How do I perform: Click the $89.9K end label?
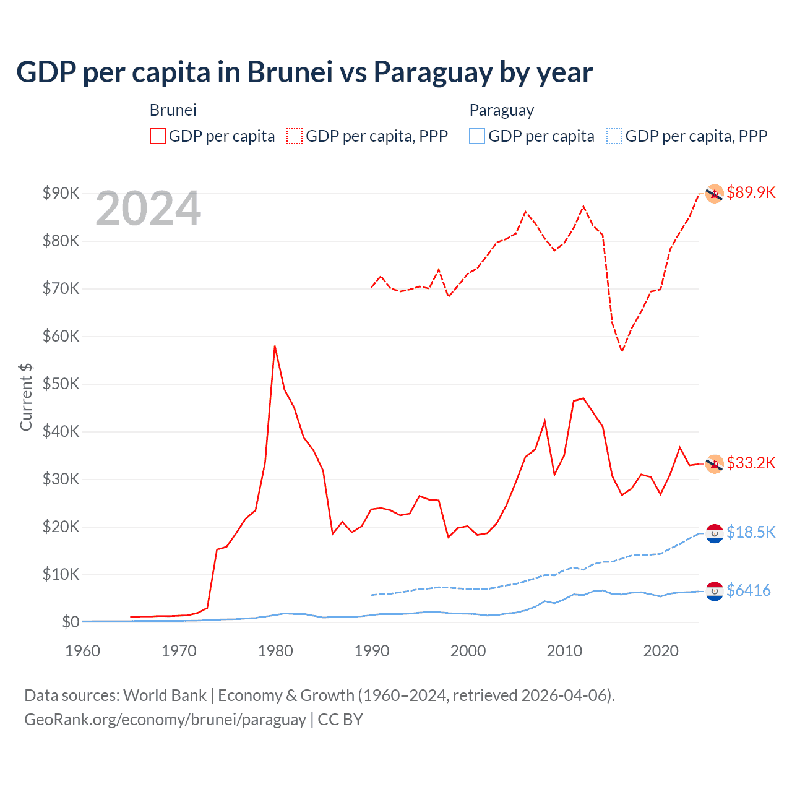click(751, 192)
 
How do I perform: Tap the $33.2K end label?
click(751, 463)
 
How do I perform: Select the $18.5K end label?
click(751, 532)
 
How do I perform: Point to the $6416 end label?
click(748, 590)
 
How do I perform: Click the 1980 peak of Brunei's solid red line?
click(275, 346)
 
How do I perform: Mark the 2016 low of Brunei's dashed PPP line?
click(622, 351)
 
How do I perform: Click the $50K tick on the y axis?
click(61, 384)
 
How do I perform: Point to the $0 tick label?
click(71, 622)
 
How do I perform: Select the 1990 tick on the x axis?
click(372, 651)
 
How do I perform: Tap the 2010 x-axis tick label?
click(564, 651)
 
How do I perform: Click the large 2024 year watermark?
click(148, 209)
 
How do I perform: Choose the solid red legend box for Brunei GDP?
click(158, 136)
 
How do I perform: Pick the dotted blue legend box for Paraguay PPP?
click(614, 136)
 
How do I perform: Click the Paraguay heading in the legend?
click(501, 110)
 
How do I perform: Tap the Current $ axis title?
click(26, 397)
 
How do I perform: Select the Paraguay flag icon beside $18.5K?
click(715, 533)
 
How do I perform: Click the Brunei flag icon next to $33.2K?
click(715, 463)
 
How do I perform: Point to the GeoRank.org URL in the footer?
click(165, 720)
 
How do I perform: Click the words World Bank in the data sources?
click(165, 695)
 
